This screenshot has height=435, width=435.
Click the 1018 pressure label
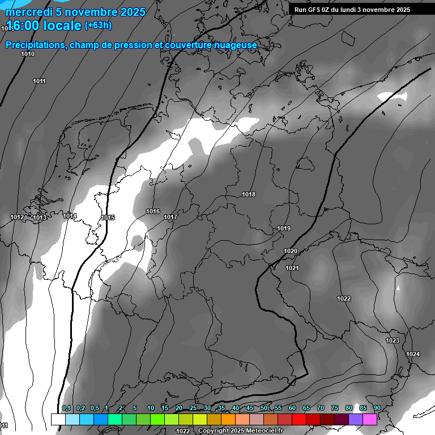coord(249,194)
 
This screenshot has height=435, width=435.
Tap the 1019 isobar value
coord(284,228)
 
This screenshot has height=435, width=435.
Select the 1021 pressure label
coord(292,268)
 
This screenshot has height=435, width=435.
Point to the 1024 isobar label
coord(413,354)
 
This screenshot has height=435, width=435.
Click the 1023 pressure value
coord(393,340)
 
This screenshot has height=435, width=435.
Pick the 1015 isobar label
coord(108,217)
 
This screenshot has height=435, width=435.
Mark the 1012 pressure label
coord(17,217)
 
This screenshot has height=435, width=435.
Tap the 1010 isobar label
coord(28,54)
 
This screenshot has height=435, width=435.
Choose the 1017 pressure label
coord(170,217)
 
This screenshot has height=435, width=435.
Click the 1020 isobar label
coord(291,251)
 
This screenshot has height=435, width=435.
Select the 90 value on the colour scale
coord(377,408)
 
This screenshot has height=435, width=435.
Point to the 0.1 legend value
coord(66,408)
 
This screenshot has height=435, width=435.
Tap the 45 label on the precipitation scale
coord(250,408)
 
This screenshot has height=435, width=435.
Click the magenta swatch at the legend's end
coord(370,419)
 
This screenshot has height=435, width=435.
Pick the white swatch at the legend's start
coord(58,419)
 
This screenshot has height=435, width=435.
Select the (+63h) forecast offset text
coord(98,25)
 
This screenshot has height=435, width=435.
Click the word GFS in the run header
coord(315,9)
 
